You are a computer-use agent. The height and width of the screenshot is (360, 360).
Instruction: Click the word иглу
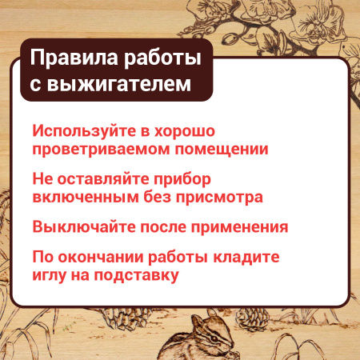(50, 276)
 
